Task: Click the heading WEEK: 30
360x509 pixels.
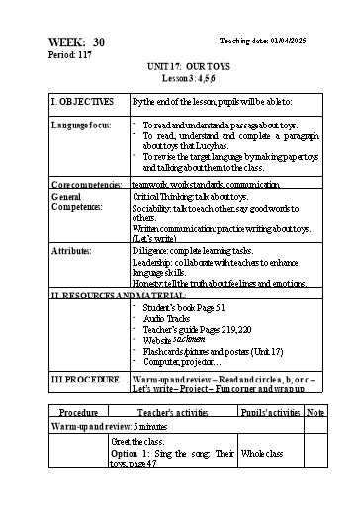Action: coord(75,42)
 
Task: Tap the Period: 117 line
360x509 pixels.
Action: coord(68,56)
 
